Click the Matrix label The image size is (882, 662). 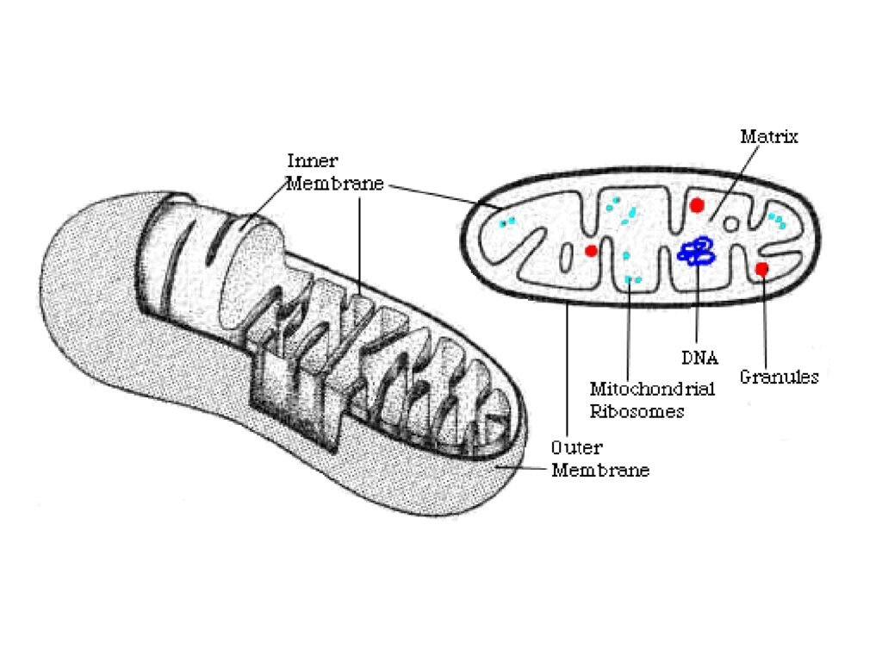click(769, 137)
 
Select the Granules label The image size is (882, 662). click(779, 377)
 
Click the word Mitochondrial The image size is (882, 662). click(652, 390)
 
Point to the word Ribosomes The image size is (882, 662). click(637, 411)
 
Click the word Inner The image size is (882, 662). click(311, 161)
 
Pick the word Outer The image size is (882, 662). click(576, 448)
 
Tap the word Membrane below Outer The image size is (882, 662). click(600, 471)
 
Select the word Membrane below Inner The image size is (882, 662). click(334, 184)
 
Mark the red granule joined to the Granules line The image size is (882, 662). click(762, 269)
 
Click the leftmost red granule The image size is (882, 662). click(591, 251)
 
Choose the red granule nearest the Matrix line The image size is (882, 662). click(697, 205)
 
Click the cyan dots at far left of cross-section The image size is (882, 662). click(506, 222)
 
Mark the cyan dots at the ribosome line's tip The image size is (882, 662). click(633, 279)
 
